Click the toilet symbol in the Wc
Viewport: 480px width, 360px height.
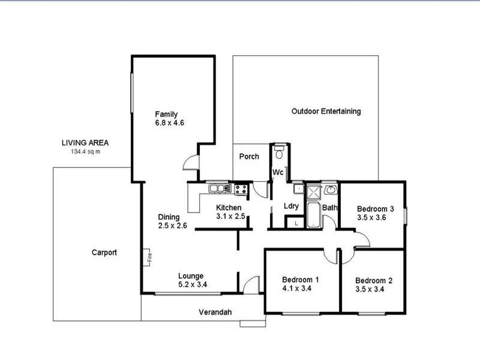(x=279, y=154)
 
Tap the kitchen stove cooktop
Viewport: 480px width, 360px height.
(x=241, y=189)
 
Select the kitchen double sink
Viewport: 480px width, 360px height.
(x=217, y=188)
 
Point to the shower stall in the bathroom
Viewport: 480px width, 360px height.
(x=314, y=193)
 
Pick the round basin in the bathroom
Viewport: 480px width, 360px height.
(x=331, y=190)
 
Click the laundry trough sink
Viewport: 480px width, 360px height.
(x=298, y=188)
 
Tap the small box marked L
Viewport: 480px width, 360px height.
(x=295, y=223)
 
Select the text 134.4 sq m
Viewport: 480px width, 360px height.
(x=85, y=152)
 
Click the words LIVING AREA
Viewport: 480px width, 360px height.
(x=85, y=143)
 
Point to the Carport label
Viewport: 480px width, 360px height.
(x=104, y=253)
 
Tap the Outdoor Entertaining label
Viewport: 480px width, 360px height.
(x=326, y=111)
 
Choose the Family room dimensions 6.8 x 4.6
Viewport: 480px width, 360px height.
(x=169, y=123)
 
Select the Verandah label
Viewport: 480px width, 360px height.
(x=215, y=312)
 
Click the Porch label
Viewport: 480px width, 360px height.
(x=249, y=157)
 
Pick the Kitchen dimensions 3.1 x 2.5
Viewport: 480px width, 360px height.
(x=231, y=217)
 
